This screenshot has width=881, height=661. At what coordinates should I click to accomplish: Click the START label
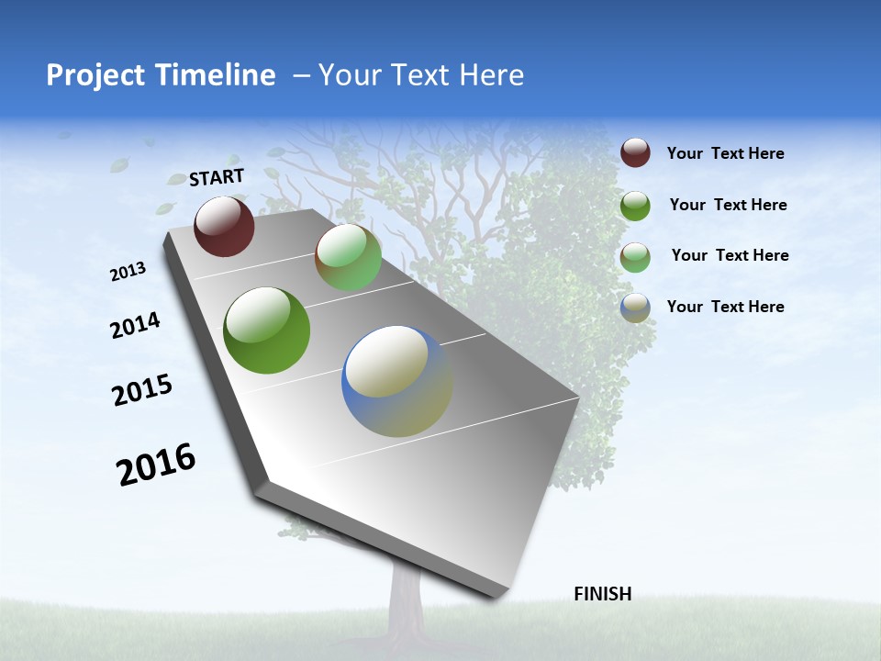[x=217, y=177]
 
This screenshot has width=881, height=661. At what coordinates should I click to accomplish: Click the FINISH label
[x=603, y=594]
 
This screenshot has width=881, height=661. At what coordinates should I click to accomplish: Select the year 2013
[x=128, y=272]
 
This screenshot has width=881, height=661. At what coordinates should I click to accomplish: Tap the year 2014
[x=136, y=325]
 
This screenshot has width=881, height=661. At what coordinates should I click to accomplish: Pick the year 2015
[x=142, y=390]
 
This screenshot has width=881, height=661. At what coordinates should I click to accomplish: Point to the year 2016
[x=157, y=465]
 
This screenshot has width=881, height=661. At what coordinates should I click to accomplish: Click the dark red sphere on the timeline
[x=224, y=226]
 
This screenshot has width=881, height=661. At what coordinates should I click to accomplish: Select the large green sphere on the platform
[x=266, y=330]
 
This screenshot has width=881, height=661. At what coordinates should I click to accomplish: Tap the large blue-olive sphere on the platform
[x=397, y=381]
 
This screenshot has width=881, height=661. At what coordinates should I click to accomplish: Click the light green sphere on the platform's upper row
[x=348, y=257]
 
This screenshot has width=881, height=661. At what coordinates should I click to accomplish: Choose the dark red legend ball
[x=635, y=152]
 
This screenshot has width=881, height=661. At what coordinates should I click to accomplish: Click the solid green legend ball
[x=635, y=206]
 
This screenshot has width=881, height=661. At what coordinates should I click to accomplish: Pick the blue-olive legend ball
[x=635, y=308]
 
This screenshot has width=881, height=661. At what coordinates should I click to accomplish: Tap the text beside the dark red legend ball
[x=725, y=154]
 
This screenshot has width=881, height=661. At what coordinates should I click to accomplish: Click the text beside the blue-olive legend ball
[x=725, y=307]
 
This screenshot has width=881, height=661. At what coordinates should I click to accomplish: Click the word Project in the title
[x=94, y=75]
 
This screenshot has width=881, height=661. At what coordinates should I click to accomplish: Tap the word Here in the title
[x=491, y=75]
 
